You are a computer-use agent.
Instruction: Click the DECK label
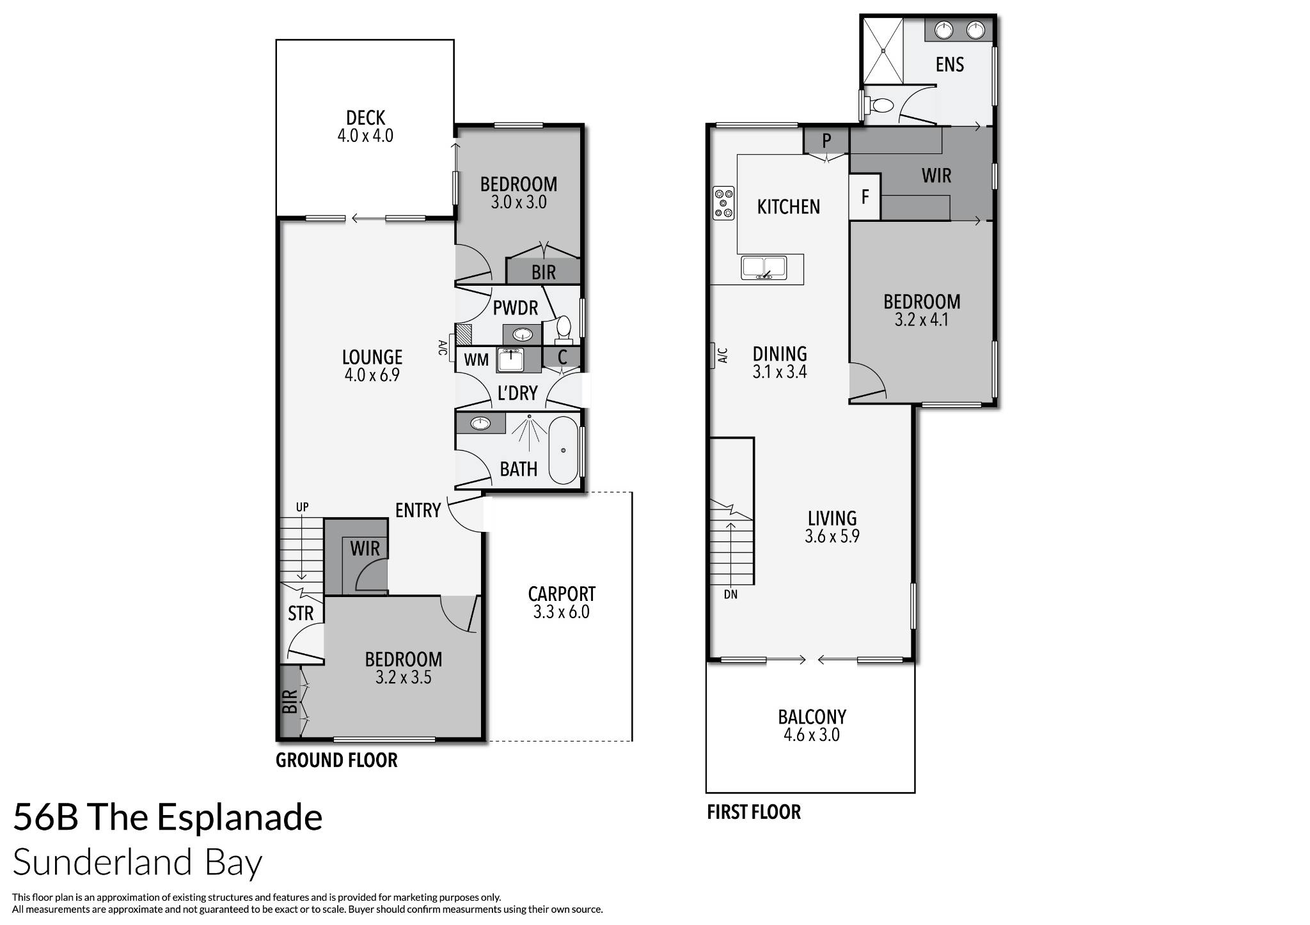coord(365,118)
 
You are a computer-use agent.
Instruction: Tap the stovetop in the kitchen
coord(723,203)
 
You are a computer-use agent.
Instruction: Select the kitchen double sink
coord(764,267)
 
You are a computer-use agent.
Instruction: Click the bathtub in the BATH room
coord(563,450)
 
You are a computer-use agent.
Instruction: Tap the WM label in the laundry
coord(476,360)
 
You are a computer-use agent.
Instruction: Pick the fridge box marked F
coord(865,197)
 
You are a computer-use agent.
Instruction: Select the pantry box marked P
coord(826,140)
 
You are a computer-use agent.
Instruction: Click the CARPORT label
coord(562,594)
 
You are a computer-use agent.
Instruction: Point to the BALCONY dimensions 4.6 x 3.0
coord(811,735)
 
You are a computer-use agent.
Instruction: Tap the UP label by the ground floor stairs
coord(302,507)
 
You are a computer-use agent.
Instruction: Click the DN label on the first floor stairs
coord(730,595)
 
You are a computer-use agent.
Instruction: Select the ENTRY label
coord(418,510)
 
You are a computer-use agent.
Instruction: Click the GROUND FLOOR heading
coord(336,760)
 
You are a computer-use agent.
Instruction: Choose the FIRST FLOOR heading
coord(754,812)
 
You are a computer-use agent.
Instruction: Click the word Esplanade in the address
coord(239,818)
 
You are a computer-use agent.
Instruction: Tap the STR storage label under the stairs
coord(301,614)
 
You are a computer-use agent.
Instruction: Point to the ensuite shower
coord(882,50)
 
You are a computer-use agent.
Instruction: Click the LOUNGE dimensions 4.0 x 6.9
coord(372,375)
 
